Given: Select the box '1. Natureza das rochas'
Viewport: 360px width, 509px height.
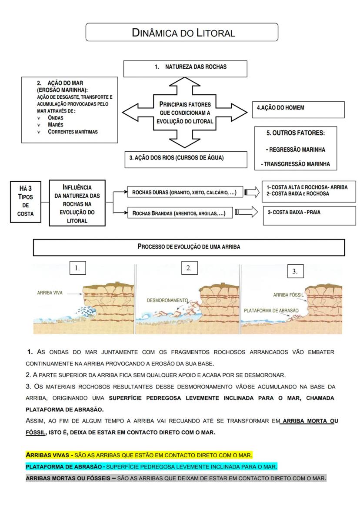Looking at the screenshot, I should coord(185,68).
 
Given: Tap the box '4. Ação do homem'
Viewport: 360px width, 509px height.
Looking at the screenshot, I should coord(298,110).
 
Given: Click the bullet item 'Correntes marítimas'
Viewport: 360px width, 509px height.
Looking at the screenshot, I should coord(73,132).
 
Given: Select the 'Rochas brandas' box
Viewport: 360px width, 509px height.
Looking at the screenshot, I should coord(178,213).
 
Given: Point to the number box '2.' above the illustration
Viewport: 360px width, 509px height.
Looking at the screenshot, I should coord(189,268).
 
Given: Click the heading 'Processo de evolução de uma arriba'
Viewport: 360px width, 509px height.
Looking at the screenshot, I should coord(189,246).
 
